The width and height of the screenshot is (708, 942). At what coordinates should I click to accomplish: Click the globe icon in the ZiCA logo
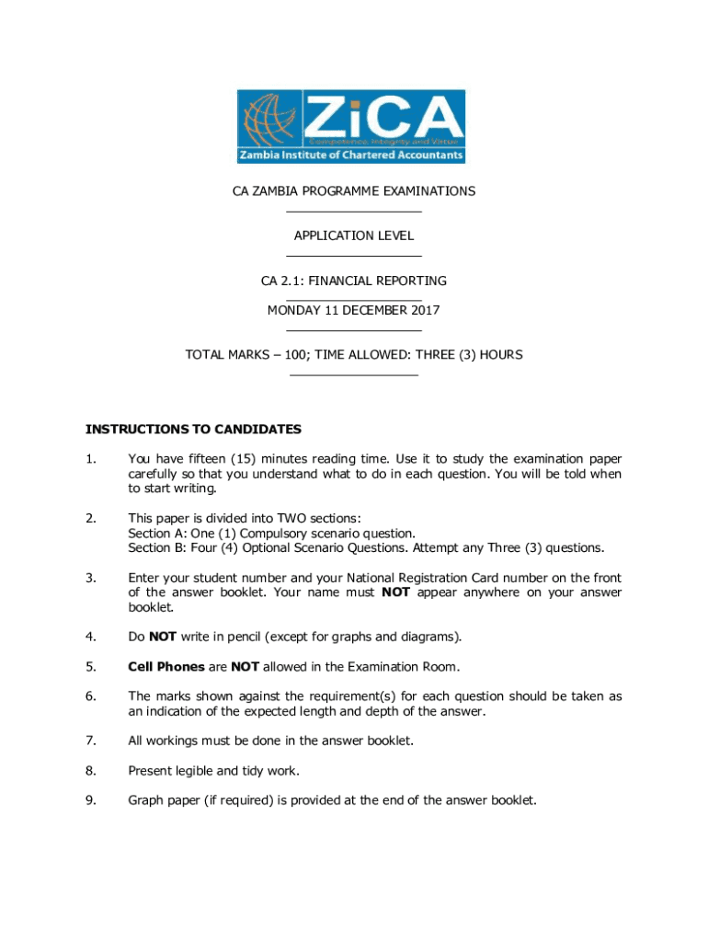269,118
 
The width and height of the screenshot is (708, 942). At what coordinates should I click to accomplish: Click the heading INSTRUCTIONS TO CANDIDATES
193,429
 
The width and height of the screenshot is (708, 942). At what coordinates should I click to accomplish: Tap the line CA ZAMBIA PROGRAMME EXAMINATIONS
353,191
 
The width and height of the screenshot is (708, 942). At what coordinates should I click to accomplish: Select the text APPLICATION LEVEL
354,235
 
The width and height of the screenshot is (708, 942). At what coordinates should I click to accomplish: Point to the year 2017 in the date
425,310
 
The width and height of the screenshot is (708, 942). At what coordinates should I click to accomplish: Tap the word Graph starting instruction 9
147,800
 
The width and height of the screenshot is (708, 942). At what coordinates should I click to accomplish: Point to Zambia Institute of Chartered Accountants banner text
350,155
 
